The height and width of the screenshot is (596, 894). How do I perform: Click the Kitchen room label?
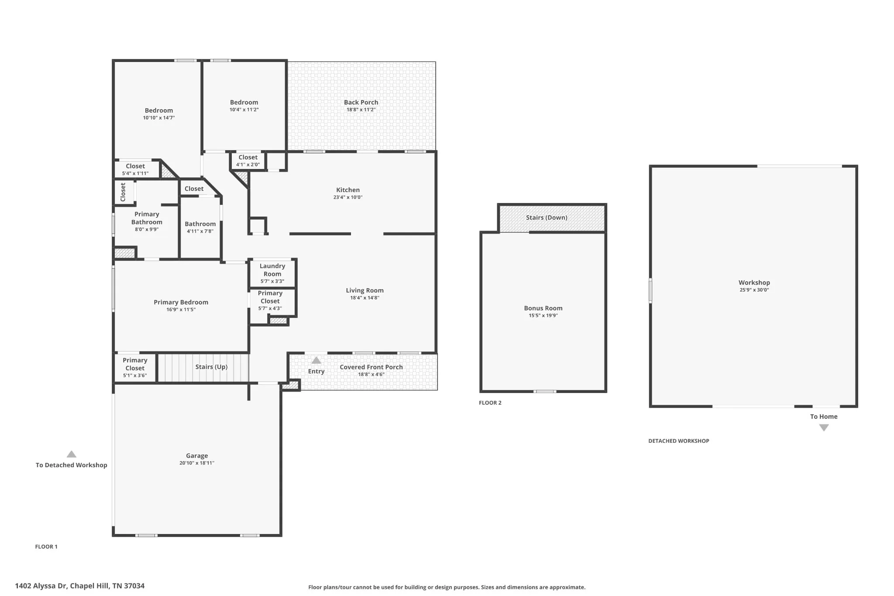[348, 190]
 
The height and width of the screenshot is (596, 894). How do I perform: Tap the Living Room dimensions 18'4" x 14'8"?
[364, 298]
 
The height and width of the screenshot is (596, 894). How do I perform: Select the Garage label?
[197, 456]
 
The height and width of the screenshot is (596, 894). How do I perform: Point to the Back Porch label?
[361, 102]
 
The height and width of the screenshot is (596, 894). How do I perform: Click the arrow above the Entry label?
[316, 361]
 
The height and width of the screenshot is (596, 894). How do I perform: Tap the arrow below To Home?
[824, 428]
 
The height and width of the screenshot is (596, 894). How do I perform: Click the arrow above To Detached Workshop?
[72, 454]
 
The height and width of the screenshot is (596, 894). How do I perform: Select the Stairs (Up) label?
[211, 367]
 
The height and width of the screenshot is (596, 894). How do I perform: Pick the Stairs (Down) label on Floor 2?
[547, 217]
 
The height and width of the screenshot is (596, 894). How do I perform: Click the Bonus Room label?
[543, 308]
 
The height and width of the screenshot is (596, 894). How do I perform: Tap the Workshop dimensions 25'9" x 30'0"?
[754, 290]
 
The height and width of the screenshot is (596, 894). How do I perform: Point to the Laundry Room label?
[272, 270]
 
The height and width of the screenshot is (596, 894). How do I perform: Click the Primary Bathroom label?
[147, 218]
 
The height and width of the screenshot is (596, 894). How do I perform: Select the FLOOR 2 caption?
[490, 403]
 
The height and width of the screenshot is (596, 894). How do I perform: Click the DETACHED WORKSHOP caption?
[679, 441]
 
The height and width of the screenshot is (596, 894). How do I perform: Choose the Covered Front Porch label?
[371, 367]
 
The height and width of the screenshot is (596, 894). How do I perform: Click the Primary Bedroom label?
[181, 302]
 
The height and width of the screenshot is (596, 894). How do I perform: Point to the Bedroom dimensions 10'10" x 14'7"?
[159, 118]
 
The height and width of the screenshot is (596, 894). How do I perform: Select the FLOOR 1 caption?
[46, 547]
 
